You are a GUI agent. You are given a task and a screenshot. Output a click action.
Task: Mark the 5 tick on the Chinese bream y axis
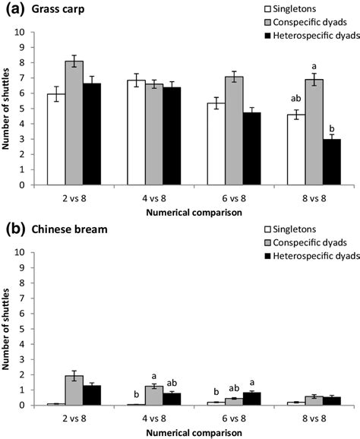coord(29,328)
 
